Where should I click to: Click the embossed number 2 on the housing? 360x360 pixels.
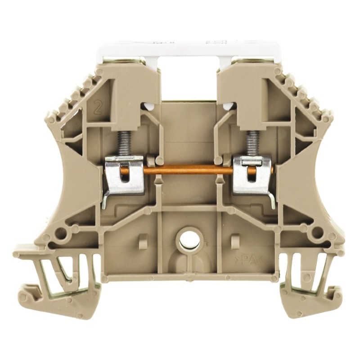(97, 108)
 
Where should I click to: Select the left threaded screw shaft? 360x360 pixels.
(122, 142)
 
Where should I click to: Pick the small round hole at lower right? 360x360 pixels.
(317, 233)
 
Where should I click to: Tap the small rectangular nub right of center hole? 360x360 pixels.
(233, 241)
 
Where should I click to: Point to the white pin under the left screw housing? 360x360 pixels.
(147, 107)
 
